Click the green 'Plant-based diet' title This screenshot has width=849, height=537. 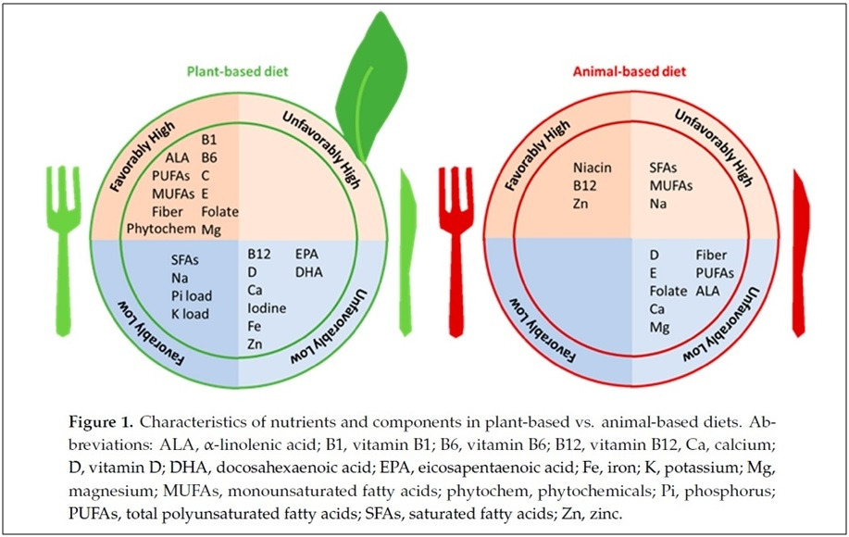click(227, 70)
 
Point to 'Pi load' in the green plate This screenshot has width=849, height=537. click(192, 295)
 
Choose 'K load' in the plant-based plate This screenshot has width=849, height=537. click(190, 313)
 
